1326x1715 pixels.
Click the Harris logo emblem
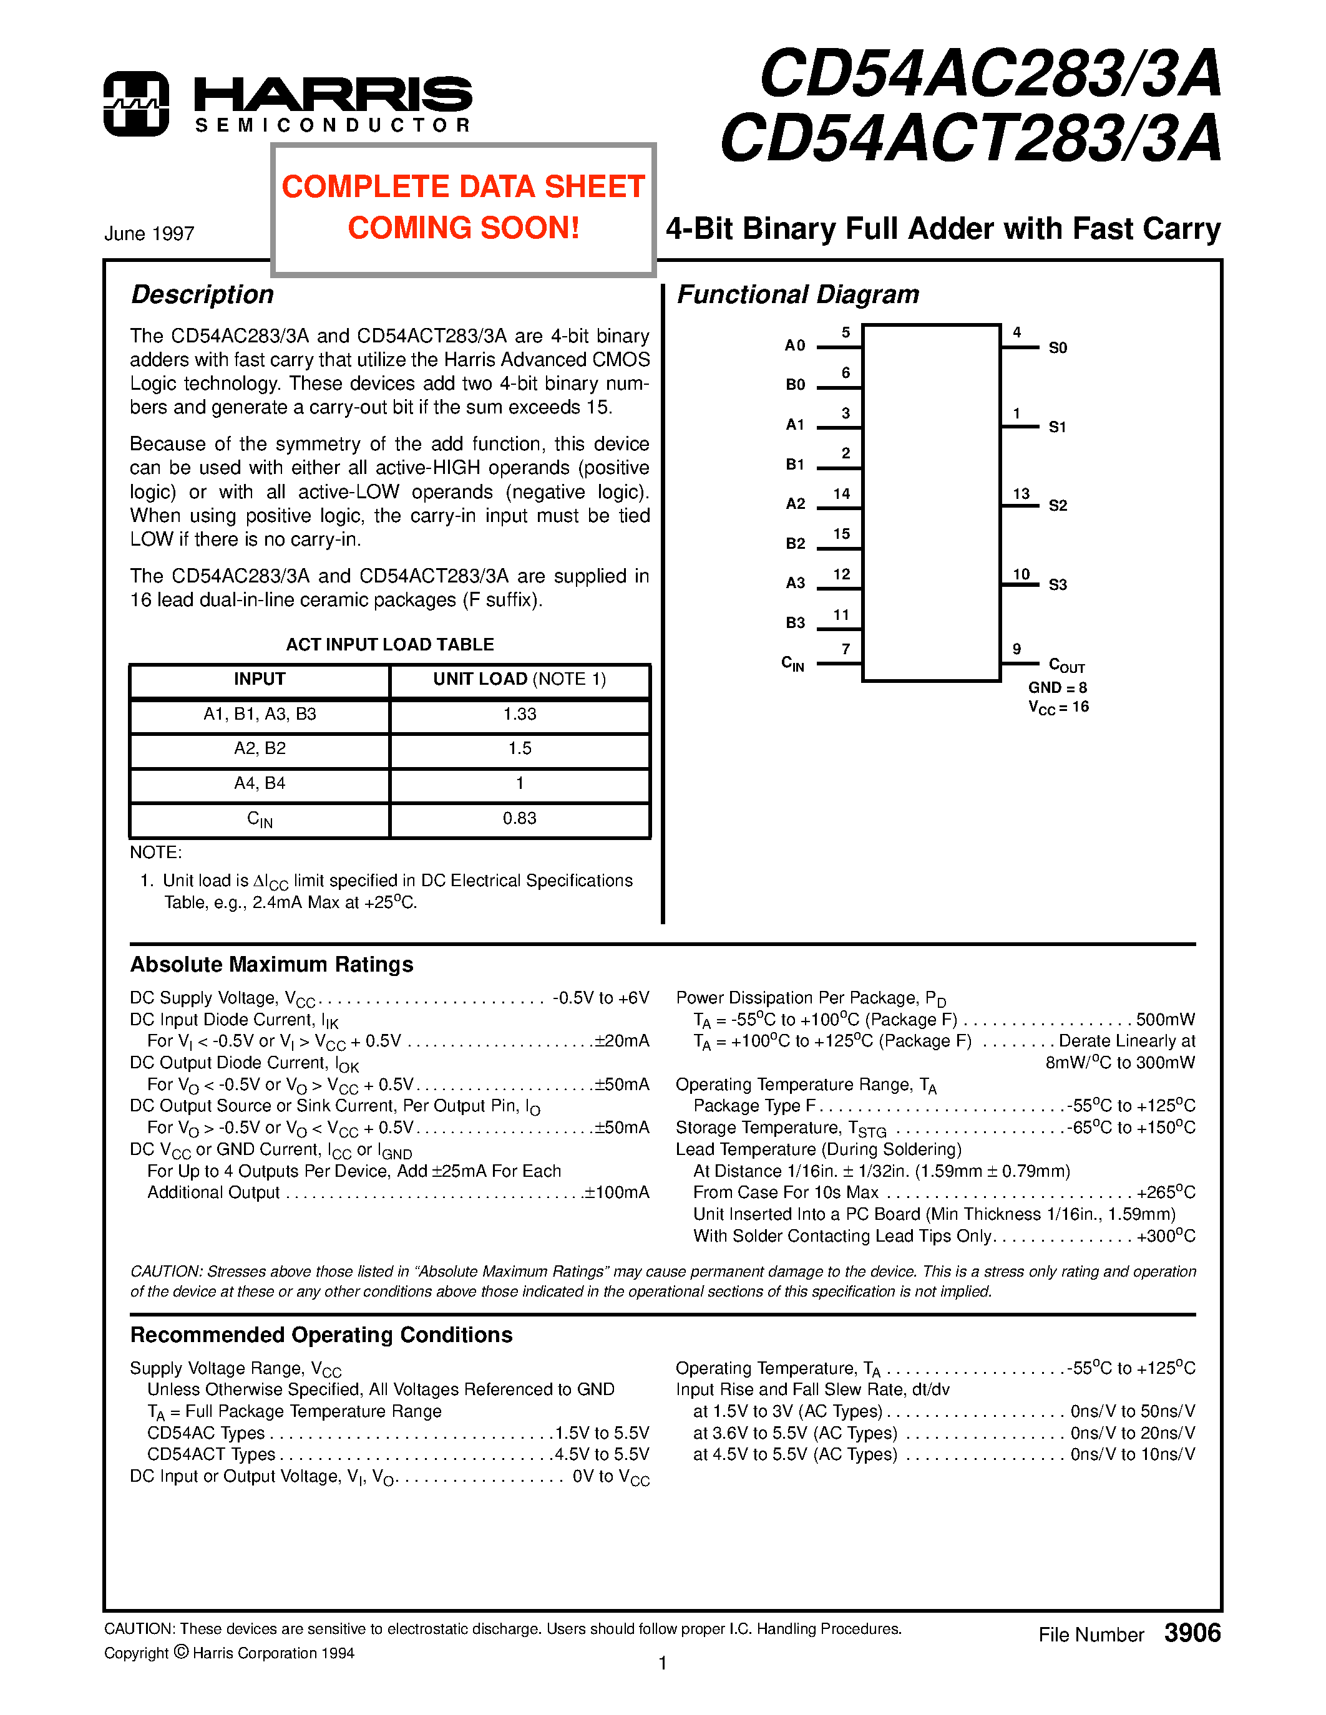coord(136,104)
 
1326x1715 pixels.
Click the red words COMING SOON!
coord(464,228)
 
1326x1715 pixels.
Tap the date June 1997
coord(149,233)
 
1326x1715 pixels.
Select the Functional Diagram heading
coord(797,294)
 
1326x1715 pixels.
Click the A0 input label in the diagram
coord(795,345)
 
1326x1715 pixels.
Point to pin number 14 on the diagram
coord(841,494)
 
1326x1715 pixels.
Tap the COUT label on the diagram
coord(1066,666)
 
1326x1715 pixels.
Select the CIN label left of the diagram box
coord(792,664)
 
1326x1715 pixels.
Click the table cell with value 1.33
coord(519,715)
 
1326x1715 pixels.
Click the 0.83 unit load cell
coord(519,818)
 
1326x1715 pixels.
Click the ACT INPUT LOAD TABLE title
coord(389,645)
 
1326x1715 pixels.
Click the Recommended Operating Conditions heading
coord(321,1335)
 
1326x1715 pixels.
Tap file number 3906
coord(1192,1633)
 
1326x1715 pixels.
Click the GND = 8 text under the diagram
coord(1057,688)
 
